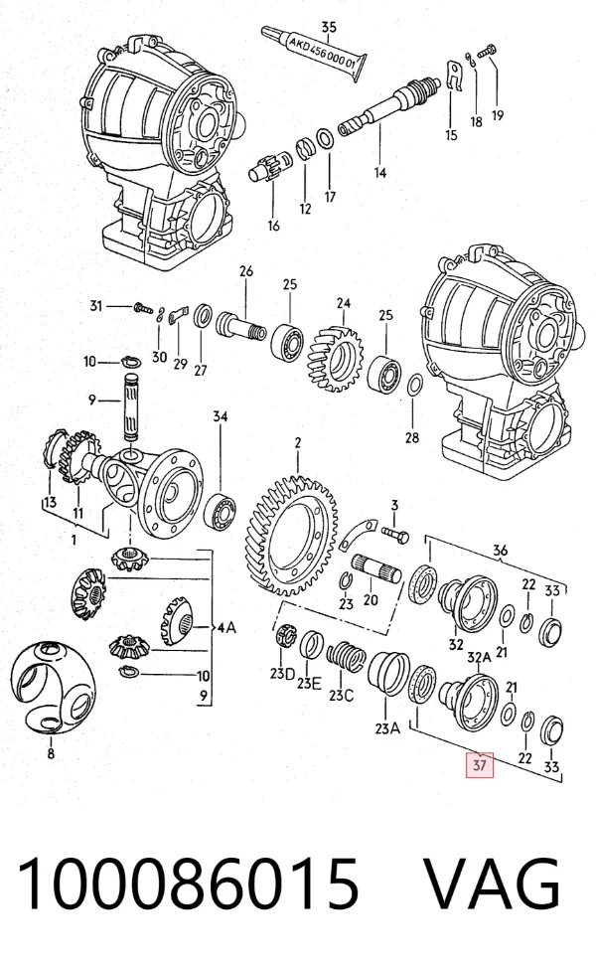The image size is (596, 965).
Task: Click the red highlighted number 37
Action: (480, 765)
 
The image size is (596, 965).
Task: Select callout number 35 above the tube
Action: (329, 27)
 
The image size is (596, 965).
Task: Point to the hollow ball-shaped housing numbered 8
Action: (54, 688)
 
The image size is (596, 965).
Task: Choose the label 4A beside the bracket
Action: (226, 628)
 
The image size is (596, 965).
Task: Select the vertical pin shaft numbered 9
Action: (133, 406)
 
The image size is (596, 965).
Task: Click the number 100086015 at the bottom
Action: (188, 882)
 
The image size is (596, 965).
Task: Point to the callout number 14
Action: (380, 173)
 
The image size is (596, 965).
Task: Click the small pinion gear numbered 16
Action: (267, 167)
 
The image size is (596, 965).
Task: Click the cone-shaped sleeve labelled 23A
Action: (388, 673)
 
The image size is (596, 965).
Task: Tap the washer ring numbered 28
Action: (414, 386)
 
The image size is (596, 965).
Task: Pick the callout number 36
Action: (500, 551)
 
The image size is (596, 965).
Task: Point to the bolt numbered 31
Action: (143, 306)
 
